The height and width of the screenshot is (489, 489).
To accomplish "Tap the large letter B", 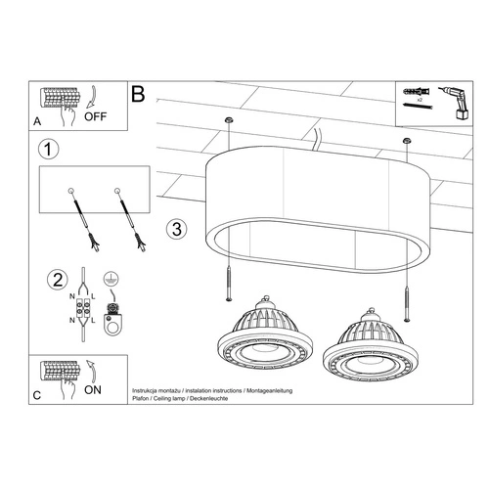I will [x=138, y=95].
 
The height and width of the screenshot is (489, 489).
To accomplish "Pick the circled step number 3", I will [x=174, y=231].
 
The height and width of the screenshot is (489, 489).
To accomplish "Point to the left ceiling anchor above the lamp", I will [x=227, y=119].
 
